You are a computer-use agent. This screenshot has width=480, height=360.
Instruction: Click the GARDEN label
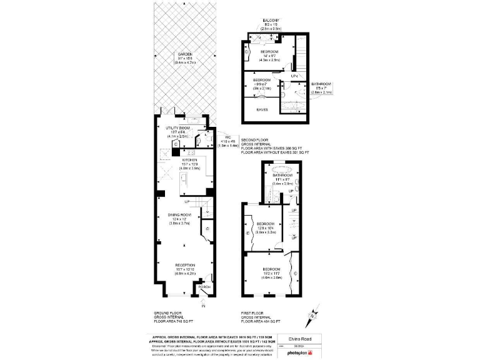pos(184,54)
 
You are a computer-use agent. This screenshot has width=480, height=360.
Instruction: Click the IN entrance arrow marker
pos(204,305)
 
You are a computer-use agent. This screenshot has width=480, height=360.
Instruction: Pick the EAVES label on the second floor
pos(262,110)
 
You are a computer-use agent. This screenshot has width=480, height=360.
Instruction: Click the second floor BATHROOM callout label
pos(321,84)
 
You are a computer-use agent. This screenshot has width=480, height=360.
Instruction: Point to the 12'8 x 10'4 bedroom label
pos(266,224)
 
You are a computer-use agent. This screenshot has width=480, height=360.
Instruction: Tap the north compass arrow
pos(311,319)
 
